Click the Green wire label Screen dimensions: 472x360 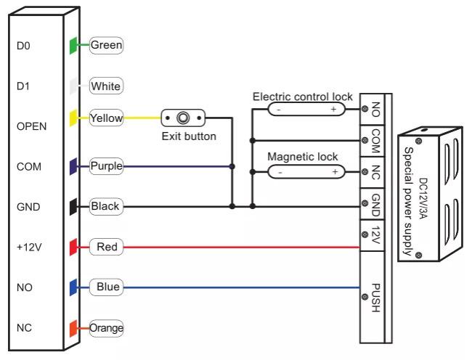(106, 46)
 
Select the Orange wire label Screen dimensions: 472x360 (106, 328)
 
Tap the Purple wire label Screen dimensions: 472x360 (106, 166)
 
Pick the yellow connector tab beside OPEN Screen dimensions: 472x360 (73, 118)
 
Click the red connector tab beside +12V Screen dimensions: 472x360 (73, 247)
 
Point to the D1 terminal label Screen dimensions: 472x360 (23, 86)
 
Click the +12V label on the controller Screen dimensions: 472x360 (29, 247)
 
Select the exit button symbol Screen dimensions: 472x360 (183, 118)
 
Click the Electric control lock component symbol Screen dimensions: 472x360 (306, 109)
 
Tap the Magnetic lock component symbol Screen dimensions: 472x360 (306, 172)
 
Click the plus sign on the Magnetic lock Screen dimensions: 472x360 (335, 172)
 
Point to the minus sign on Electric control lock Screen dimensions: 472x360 (279, 110)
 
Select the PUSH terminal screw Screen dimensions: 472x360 (365, 297)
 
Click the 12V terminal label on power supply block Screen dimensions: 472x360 (375, 235)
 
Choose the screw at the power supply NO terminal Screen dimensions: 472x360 (365, 109)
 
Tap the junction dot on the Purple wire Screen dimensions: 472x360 (232, 166)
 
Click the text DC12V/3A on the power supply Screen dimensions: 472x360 (423, 198)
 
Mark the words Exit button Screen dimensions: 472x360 (189, 136)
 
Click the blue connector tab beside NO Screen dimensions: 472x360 (73, 287)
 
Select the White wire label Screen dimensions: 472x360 (106, 86)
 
